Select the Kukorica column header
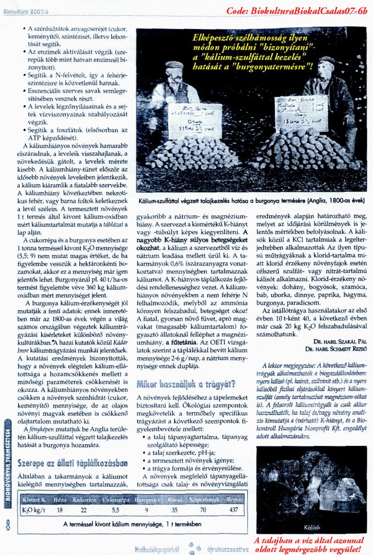(83, 500)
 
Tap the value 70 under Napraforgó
(203, 510)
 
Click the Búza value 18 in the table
(60, 510)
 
